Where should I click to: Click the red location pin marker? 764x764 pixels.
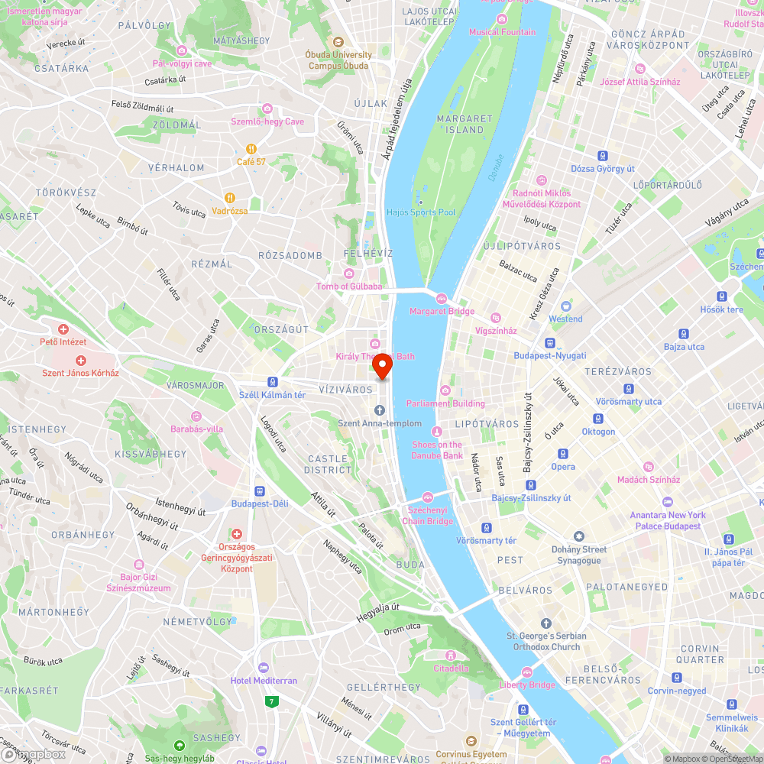[x=382, y=366]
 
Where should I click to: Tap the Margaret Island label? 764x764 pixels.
[x=465, y=124]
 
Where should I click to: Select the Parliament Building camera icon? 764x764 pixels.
[x=445, y=390]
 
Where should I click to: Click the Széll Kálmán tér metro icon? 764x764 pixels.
[x=272, y=382]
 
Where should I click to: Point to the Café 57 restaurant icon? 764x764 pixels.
[x=251, y=149]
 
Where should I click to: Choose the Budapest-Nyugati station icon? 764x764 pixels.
[x=549, y=343]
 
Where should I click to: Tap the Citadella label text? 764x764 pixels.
[x=451, y=668]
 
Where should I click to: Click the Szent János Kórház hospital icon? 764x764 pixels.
[x=80, y=360]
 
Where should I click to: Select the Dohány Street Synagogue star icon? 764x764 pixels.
[x=578, y=536]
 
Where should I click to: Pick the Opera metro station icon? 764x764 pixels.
[x=563, y=454]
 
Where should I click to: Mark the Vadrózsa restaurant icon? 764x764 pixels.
[x=229, y=198]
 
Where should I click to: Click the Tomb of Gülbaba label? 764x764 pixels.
[x=348, y=286]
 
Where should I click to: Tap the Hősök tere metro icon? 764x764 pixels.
[x=721, y=296]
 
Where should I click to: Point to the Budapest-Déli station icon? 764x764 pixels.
[x=260, y=491]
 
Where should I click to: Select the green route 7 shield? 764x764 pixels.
[x=270, y=701]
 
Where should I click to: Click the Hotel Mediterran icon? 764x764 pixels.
[x=264, y=668]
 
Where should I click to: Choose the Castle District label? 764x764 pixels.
[x=327, y=464]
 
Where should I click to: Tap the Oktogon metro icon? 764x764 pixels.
[x=598, y=419]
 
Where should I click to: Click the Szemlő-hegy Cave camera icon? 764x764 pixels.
[x=267, y=108]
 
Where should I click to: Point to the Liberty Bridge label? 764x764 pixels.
[x=527, y=685]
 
